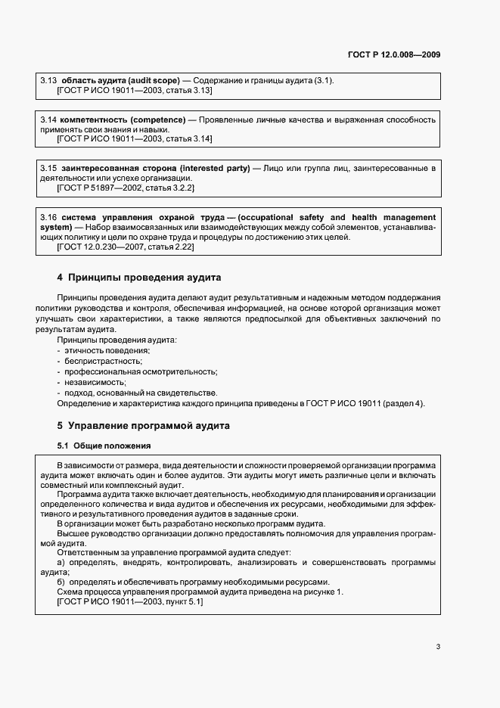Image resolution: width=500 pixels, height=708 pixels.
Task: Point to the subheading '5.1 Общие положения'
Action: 104,446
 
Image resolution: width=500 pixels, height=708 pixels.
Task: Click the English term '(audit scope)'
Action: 154,80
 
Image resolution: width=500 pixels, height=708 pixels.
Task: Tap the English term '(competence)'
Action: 158,120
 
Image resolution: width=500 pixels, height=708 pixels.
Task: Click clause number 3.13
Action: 48,80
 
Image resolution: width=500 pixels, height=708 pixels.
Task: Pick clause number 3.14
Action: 48,120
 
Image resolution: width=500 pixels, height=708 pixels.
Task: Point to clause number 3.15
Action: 48,167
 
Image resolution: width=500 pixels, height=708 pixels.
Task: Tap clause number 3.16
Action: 48,217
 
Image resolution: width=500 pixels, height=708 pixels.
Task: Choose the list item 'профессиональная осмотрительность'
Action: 141,371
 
